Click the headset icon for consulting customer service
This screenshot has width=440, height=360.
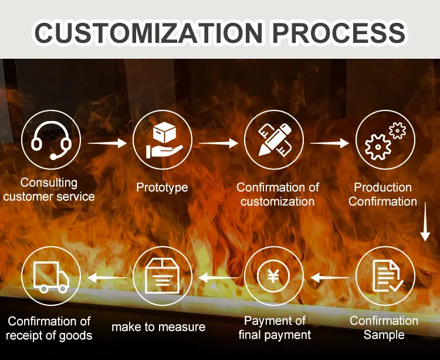click(51, 142)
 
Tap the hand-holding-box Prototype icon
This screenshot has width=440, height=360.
click(163, 142)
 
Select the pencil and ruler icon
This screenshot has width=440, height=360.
click(273, 142)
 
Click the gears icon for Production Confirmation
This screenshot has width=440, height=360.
click(385, 142)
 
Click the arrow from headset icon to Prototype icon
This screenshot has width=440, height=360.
click(106, 142)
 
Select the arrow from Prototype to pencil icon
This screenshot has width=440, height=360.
click(218, 142)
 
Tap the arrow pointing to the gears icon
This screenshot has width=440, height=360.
click(329, 142)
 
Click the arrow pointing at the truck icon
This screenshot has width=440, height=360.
click(106, 277)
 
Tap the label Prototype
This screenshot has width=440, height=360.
click(162, 187)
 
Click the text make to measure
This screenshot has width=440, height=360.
click(158, 327)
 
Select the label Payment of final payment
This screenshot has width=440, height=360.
click(275, 328)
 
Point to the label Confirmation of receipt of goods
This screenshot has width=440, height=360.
click(49, 328)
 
